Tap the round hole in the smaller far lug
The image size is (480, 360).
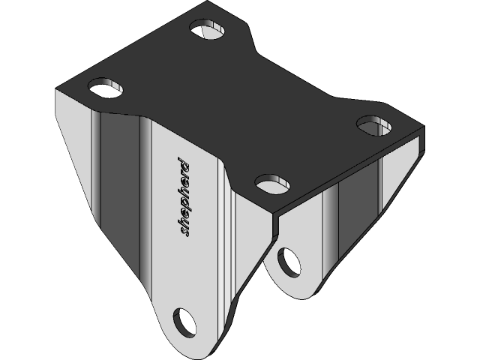coord(289,262)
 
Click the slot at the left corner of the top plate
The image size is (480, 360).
coord(106,87)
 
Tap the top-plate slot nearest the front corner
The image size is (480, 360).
coord(271,182)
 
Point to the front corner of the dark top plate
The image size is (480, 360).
coord(274,214)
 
